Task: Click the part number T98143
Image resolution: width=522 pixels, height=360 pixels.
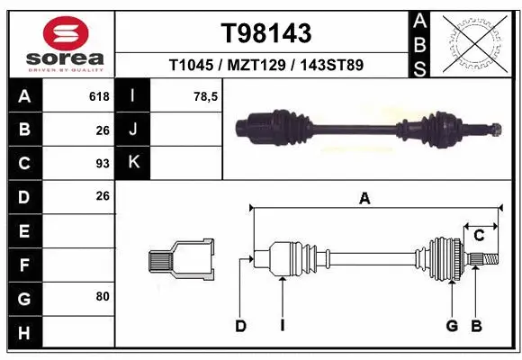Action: pyautogui.click(x=266, y=33)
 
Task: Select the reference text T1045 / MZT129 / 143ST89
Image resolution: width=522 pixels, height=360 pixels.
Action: pyautogui.click(x=266, y=66)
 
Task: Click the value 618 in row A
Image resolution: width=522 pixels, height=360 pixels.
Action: pyautogui.click(x=98, y=95)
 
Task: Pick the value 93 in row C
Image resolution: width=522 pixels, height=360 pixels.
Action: pyautogui.click(x=101, y=163)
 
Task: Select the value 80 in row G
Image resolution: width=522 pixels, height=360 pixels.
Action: pyautogui.click(x=101, y=295)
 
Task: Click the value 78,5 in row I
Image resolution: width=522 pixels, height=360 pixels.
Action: pyautogui.click(x=206, y=95)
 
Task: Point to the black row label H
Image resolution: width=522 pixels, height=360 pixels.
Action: pyautogui.click(x=24, y=333)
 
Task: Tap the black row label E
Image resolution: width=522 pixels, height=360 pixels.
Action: pyautogui.click(x=24, y=230)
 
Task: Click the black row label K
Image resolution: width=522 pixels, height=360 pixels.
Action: pyautogui.click(x=134, y=163)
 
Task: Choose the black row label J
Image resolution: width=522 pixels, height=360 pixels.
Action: pyautogui.click(x=134, y=130)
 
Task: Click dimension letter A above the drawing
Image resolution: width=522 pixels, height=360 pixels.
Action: pyautogui.click(x=364, y=199)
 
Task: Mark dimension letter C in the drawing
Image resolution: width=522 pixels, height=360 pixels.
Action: pyautogui.click(x=480, y=236)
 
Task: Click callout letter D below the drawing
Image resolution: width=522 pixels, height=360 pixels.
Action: pyautogui.click(x=240, y=326)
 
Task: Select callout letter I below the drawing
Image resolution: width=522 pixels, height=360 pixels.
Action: pyautogui.click(x=282, y=326)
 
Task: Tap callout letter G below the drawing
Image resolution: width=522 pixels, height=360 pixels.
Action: pyautogui.click(x=452, y=326)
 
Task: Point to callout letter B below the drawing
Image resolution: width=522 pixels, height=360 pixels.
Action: pyautogui.click(x=477, y=326)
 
